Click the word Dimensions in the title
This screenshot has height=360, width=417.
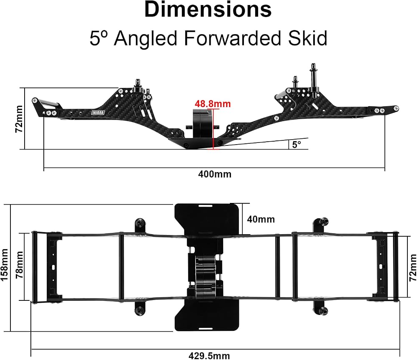[208, 10]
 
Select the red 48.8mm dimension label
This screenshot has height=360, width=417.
[213, 104]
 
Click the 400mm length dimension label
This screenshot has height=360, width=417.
[215, 174]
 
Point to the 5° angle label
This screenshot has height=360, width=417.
[296, 144]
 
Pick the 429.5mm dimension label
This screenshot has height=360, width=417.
[209, 356]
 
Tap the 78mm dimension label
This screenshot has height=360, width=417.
[20, 265]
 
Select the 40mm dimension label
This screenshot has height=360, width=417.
[261, 219]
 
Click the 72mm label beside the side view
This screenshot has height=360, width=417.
[19, 119]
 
